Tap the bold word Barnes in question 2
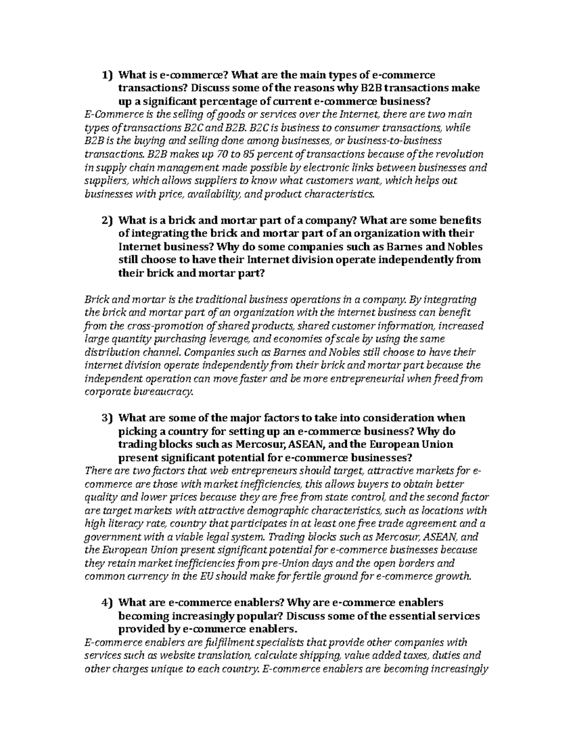pyautogui.click(x=414, y=247)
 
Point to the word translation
pyautogui.click(x=221, y=655)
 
